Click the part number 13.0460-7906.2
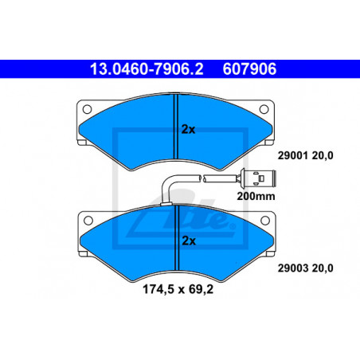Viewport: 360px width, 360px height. click(147, 69)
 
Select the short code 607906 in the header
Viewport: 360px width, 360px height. click(249, 69)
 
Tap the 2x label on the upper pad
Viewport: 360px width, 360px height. click(188, 129)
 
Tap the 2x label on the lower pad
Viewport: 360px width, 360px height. click(189, 241)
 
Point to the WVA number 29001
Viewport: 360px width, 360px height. click(293, 155)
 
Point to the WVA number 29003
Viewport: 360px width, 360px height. click(293, 268)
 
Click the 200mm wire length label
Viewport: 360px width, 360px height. click(256, 197)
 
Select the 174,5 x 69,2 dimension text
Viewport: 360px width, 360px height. click(178, 289)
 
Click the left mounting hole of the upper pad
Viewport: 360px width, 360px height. click(87, 109)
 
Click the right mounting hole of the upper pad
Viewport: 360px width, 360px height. click(264, 109)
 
